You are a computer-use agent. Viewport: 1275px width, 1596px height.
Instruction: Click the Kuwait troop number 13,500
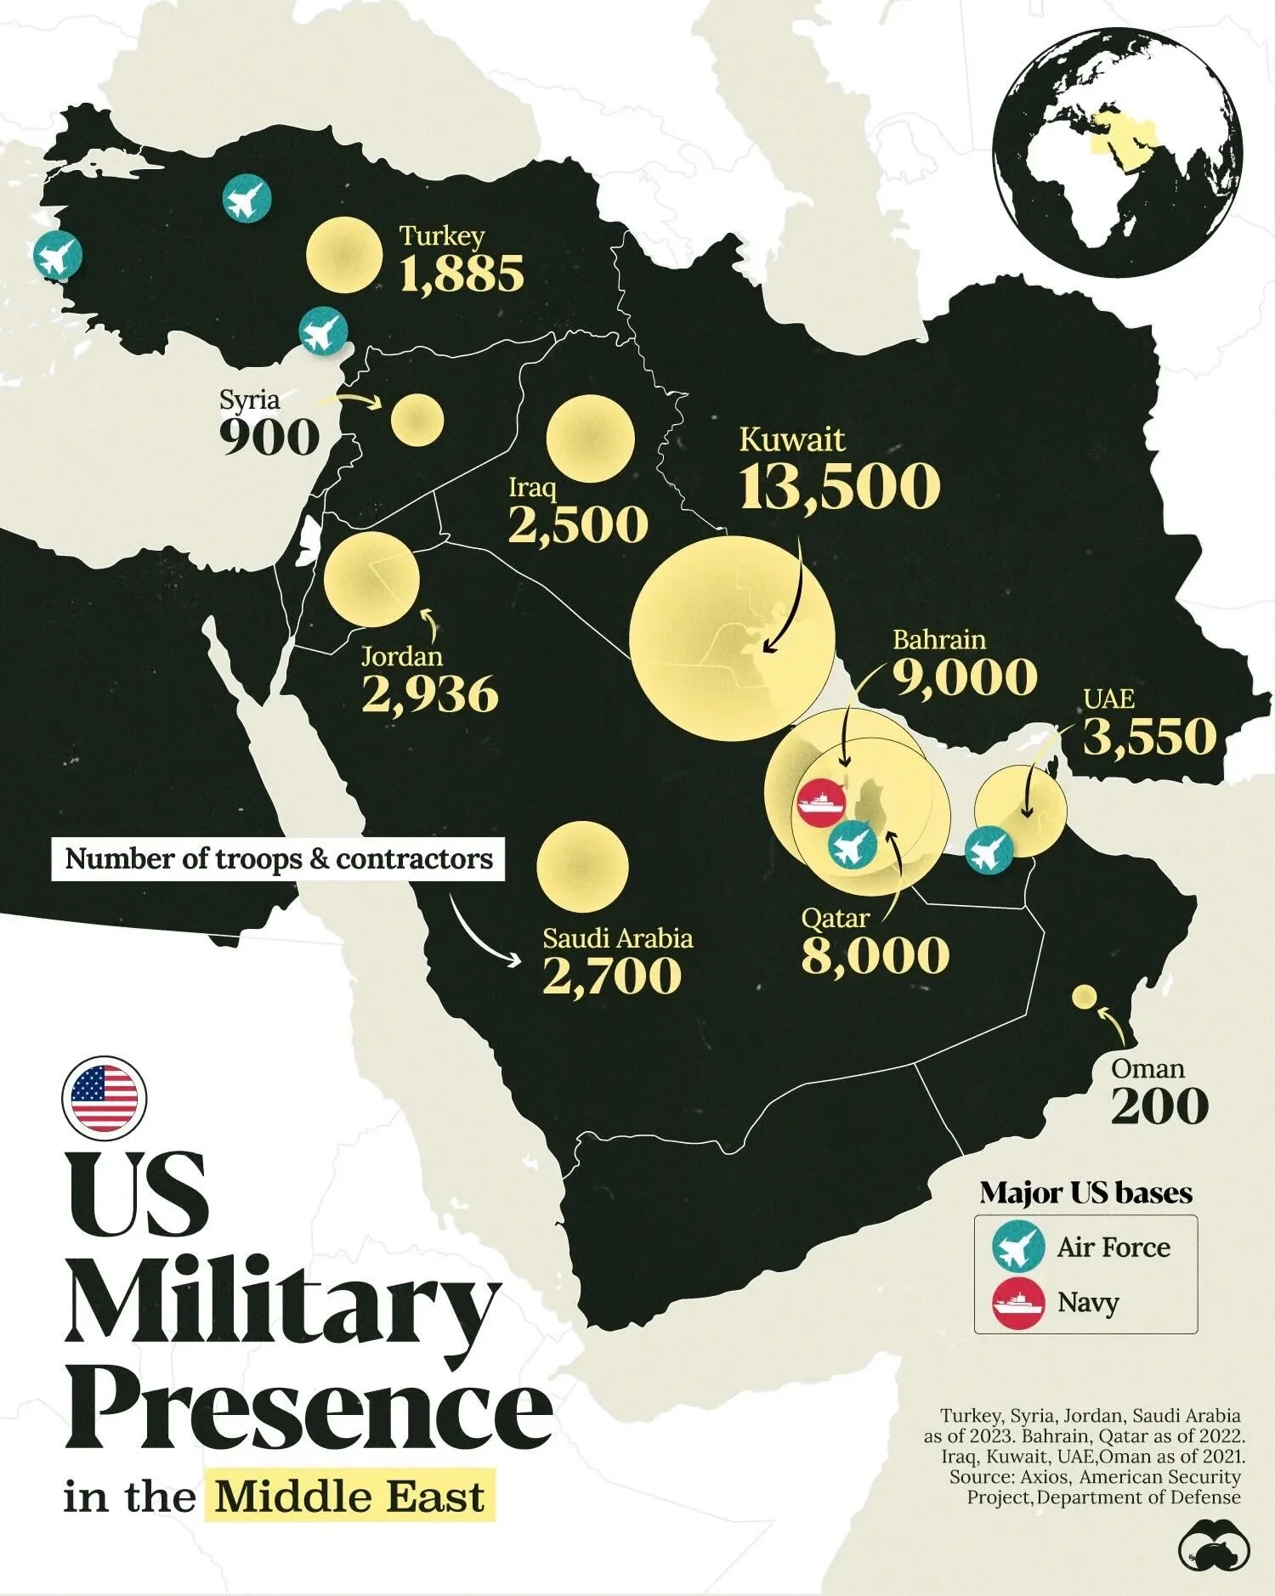(x=840, y=487)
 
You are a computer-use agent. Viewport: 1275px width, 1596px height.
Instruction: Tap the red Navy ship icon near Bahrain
(x=821, y=803)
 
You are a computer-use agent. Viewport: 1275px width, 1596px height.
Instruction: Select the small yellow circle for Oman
(x=1083, y=996)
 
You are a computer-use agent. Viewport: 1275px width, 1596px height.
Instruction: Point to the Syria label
(x=249, y=399)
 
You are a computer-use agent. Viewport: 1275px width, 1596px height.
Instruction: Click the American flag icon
(x=104, y=1097)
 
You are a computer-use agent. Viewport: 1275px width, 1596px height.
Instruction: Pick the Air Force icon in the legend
(x=1018, y=1247)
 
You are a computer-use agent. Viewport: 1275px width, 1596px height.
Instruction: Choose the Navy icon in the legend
(x=1018, y=1302)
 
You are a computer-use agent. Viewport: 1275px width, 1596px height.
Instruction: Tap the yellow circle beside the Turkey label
(x=344, y=255)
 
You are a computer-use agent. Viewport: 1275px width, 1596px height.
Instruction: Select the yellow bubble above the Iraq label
(x=590, y=439)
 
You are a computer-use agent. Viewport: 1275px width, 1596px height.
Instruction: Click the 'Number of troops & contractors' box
(x=279, y=858)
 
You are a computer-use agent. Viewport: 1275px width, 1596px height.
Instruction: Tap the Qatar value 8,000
(x=875, y=956)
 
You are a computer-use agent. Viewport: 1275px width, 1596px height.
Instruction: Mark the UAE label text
(x=1109, y=699)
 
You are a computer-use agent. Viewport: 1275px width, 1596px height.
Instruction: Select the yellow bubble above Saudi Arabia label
(x=582, y=867)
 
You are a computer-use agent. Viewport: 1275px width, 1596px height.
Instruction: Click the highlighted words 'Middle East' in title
(x=349, y=1496)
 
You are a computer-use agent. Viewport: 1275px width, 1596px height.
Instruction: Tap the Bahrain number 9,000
(x=965, y=677)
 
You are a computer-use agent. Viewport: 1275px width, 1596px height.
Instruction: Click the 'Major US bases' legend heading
(x=1085, y=1192)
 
